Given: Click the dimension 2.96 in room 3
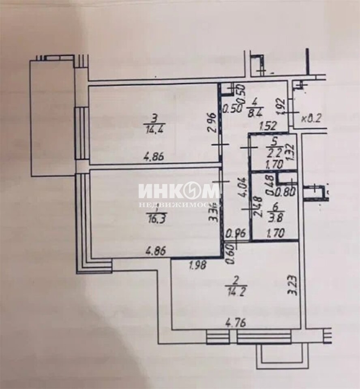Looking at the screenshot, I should pyautogui.click(x=210, y=122).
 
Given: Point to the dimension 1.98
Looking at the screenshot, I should pyautogui.click(x=198, y=265).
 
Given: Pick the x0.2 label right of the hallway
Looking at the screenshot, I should pyautogui.click(x=311, y=119).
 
